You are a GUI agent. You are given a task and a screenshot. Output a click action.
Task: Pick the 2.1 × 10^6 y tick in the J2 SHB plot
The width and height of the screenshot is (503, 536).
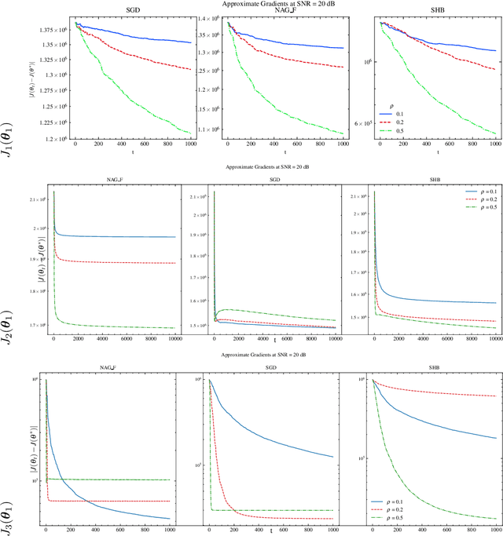[355, 195]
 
